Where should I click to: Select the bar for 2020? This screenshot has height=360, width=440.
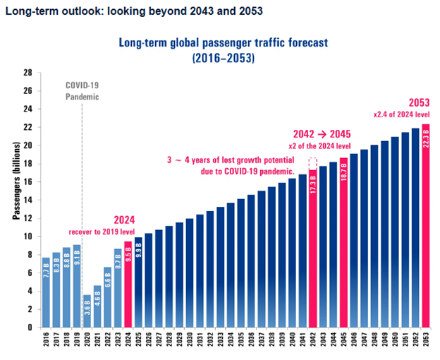pyautogui.click(x=87, y=311)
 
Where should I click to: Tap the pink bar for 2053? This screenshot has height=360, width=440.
pyautogui.click(x=425, y=226)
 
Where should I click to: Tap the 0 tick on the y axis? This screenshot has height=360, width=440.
pyautogui.click(x=30, y=328)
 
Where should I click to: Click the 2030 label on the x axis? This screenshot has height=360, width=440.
pyautogui.click(x=190, y=343)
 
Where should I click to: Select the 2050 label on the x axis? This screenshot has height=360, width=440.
pyautogui.click(x=395, y=343)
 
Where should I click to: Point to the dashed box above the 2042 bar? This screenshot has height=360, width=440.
pyautogui.click(x=313, y=162)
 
